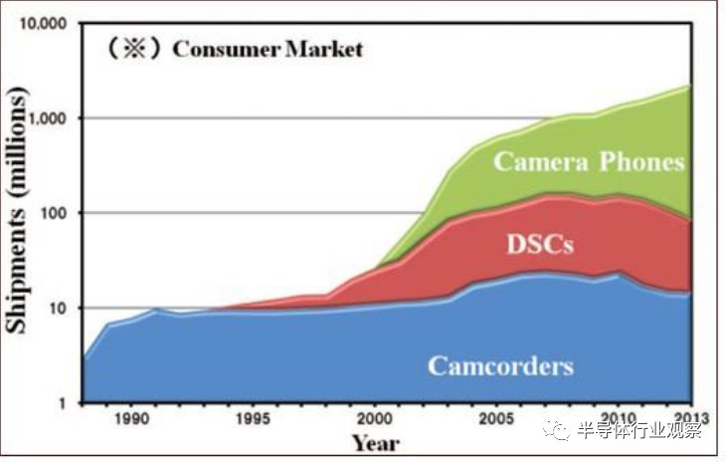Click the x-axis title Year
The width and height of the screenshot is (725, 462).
(375, 442)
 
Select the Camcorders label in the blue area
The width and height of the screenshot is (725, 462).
(500, 365)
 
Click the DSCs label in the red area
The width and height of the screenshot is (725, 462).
(540, 243)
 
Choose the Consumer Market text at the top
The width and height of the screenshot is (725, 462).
(269, 48)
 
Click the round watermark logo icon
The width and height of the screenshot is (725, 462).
(562, 430)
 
